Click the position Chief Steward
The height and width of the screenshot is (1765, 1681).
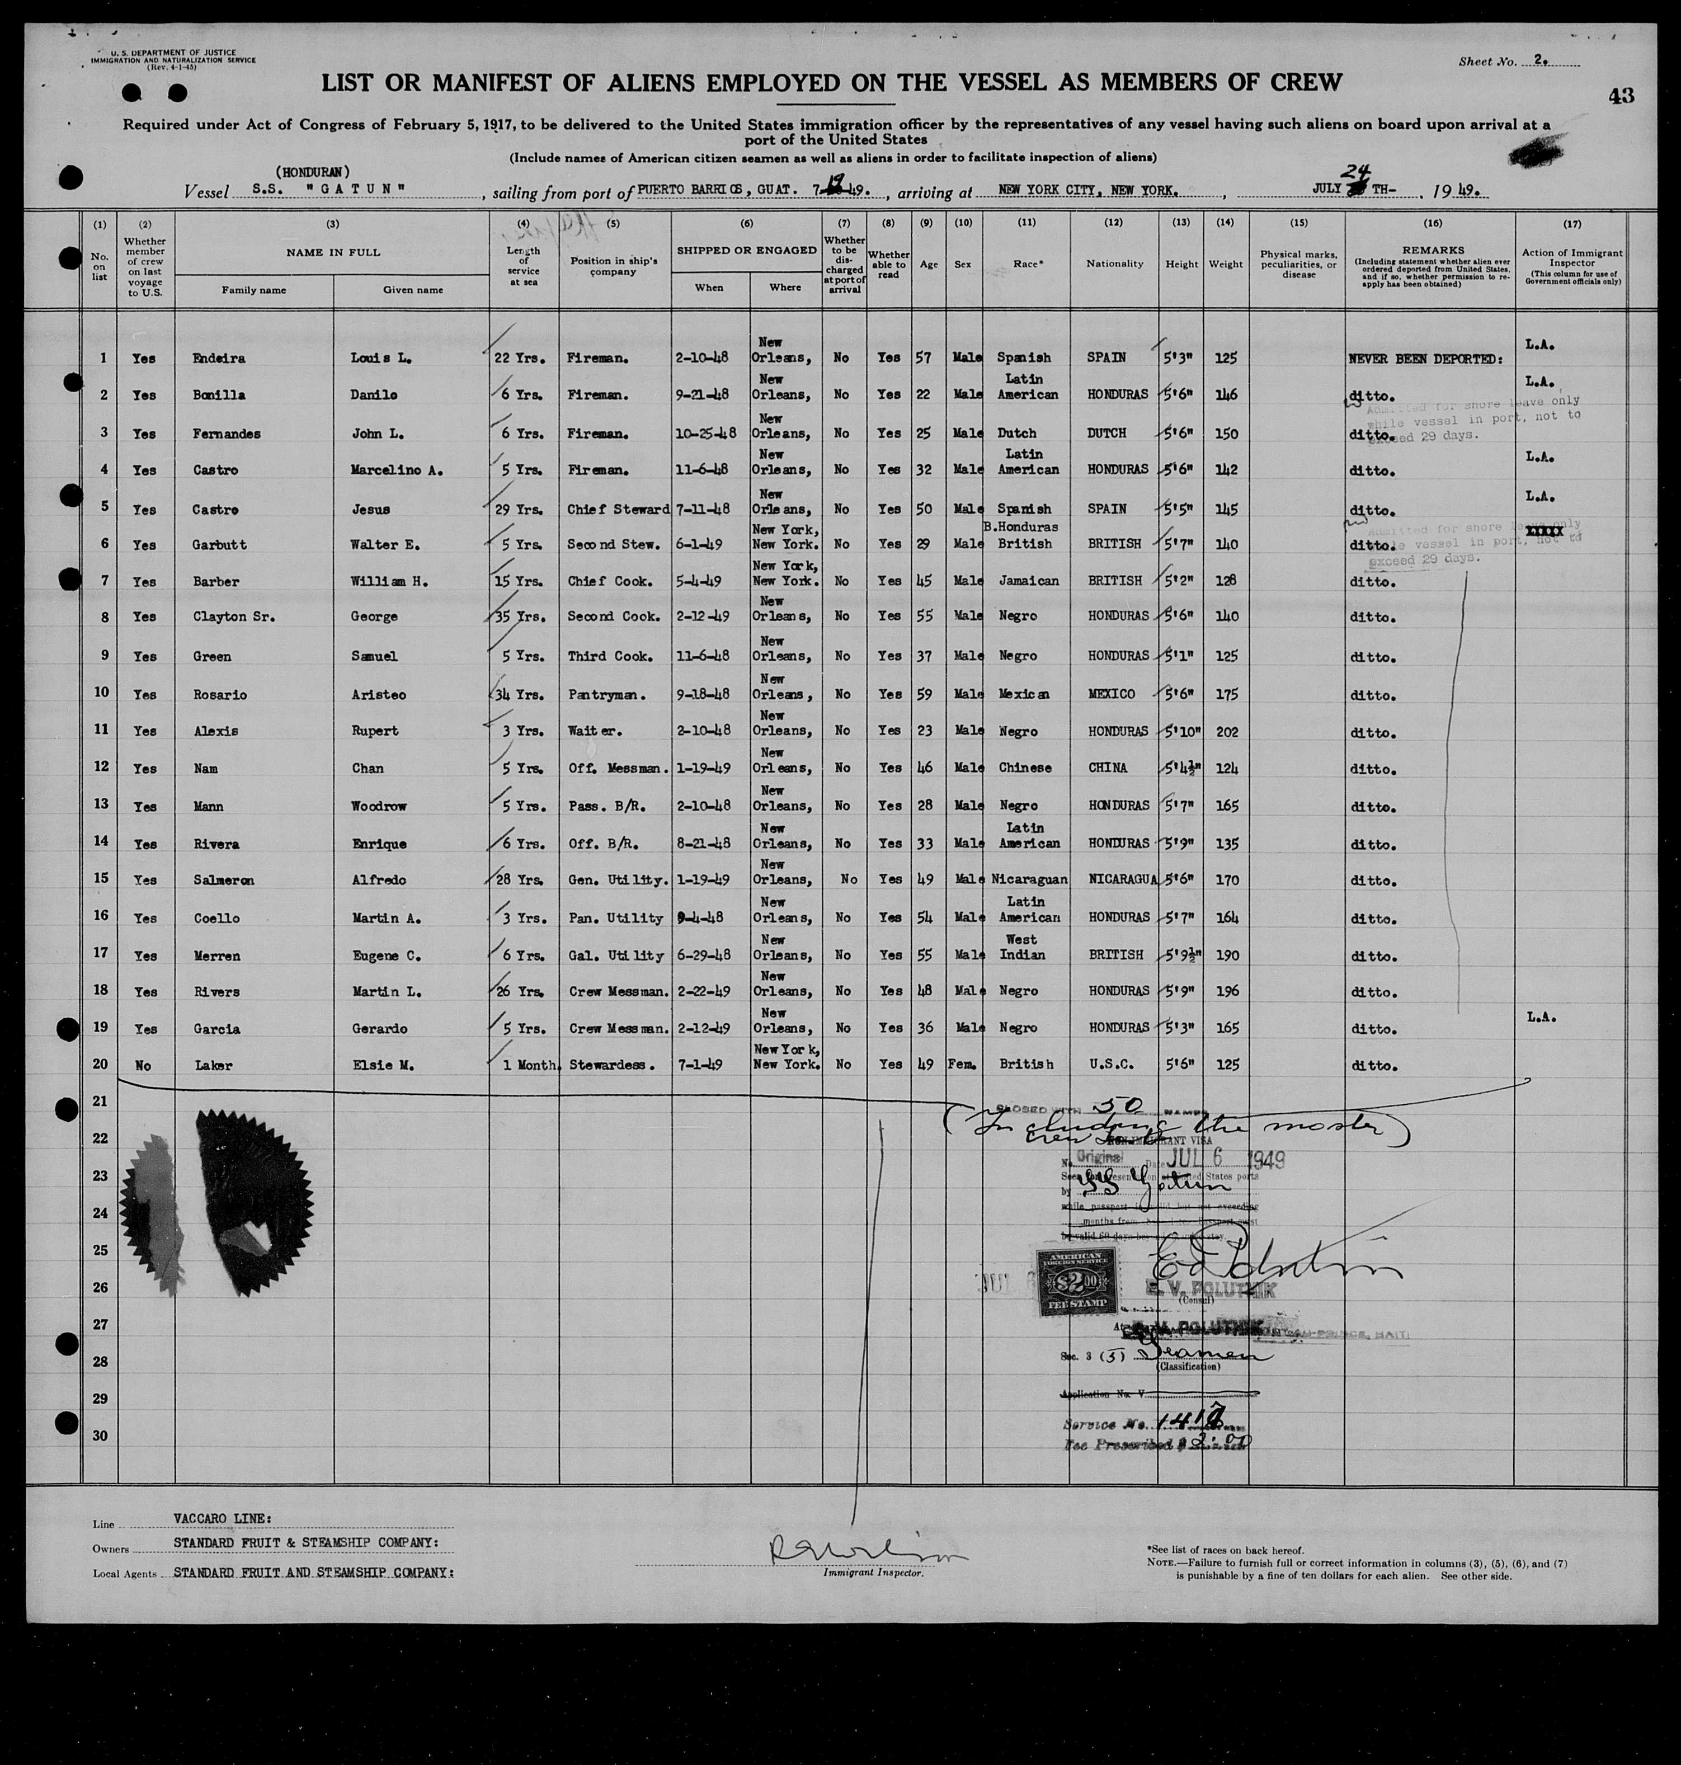[x=618, y=509]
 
